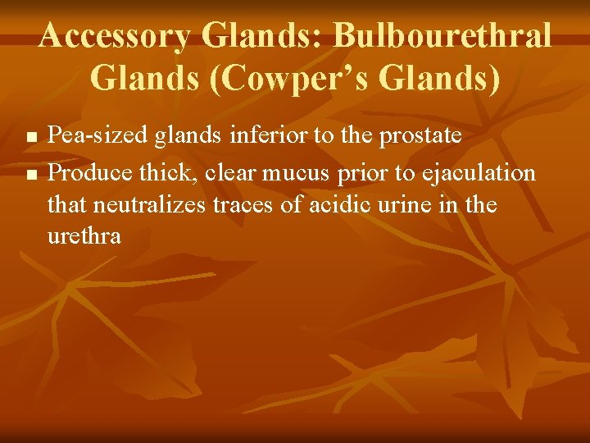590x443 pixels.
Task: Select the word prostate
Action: (420, 136)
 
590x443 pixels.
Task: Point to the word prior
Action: (363, 174)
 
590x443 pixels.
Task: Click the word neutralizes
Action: (157, 204)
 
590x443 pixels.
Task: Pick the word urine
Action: (410, 204)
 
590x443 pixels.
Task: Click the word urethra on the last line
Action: (84, 236)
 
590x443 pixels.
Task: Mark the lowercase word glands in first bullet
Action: (184, 136)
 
